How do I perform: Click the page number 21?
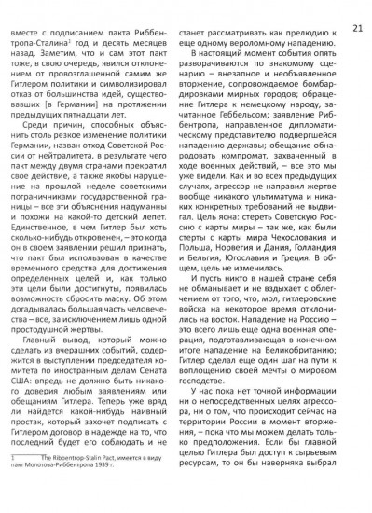pos(357,8)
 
